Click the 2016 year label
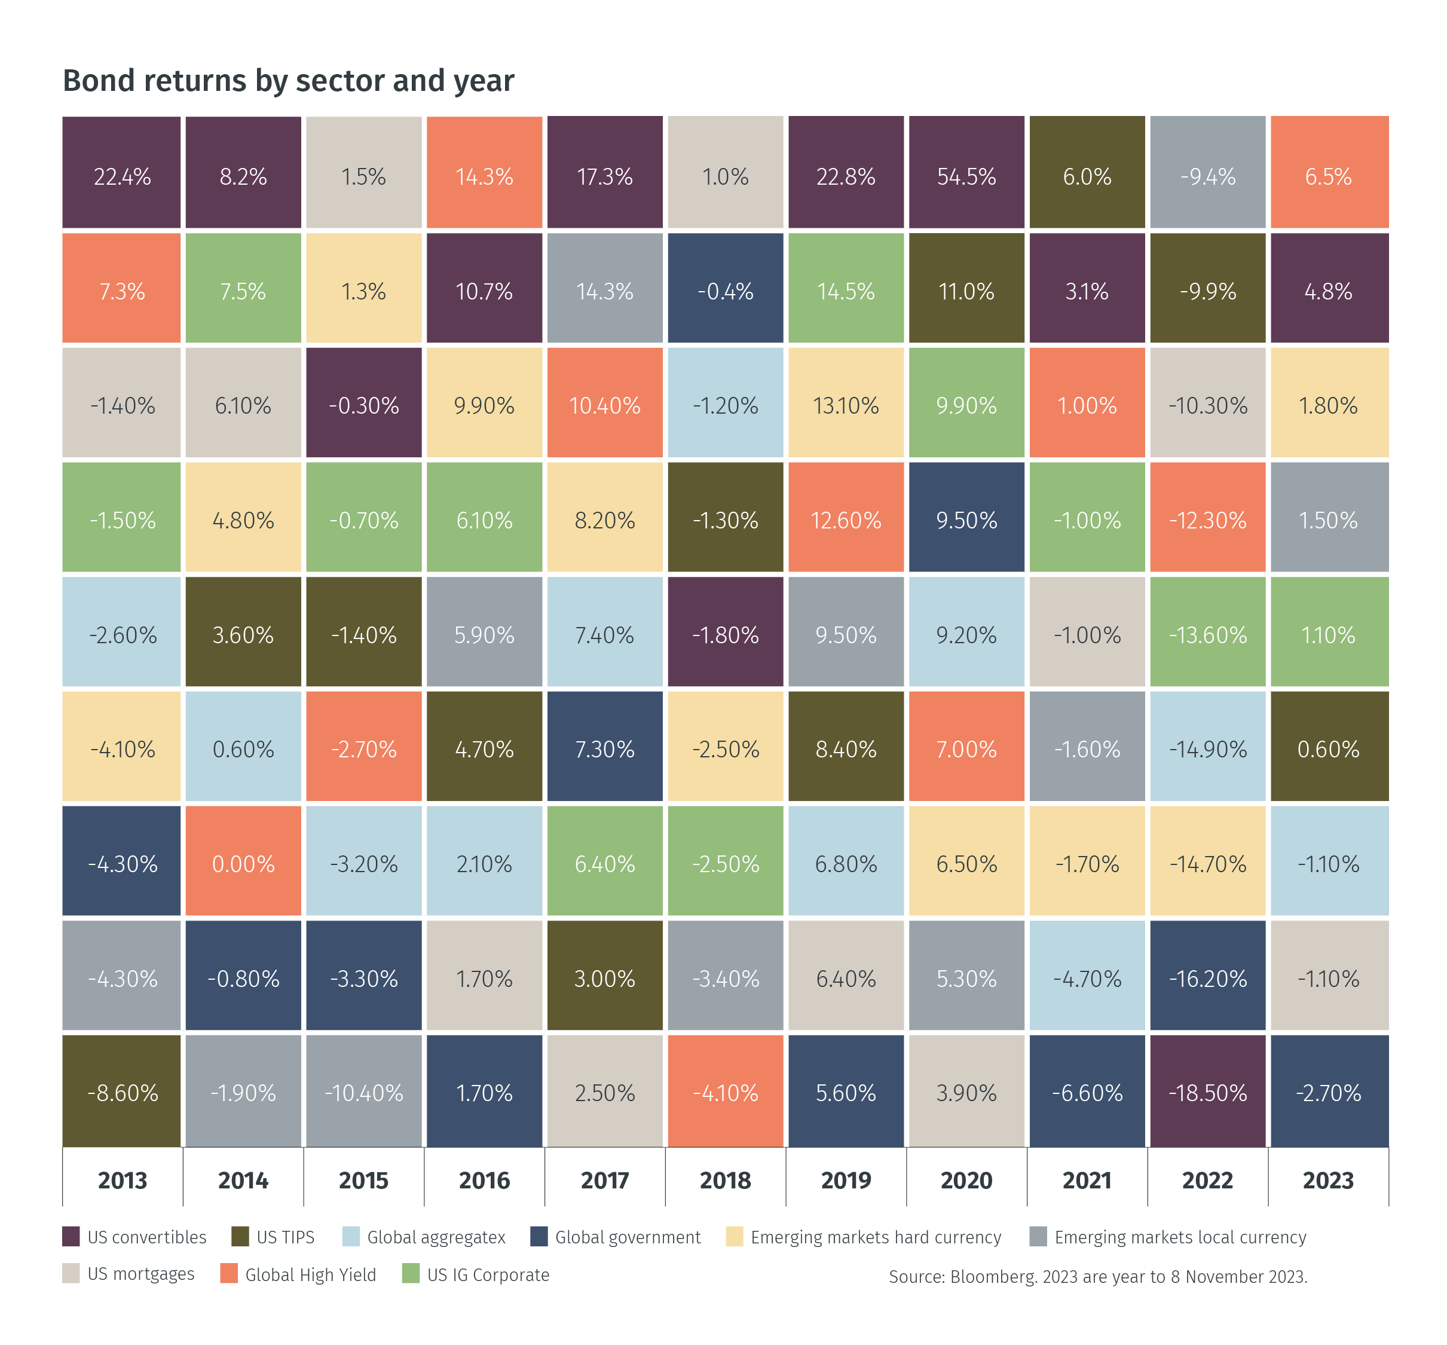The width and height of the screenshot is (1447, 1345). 484,1180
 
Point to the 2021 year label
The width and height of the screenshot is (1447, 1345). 1087,1180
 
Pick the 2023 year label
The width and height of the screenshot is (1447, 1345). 1328,1180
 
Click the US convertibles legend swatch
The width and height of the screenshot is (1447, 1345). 71,1237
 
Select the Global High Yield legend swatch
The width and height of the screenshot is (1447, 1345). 228,1274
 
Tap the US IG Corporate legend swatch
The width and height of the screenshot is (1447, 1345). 411,1274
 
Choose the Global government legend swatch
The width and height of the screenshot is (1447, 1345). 539,1237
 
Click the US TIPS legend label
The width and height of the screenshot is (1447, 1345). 285,1237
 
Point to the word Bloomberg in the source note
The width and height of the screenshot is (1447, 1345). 993,1277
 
